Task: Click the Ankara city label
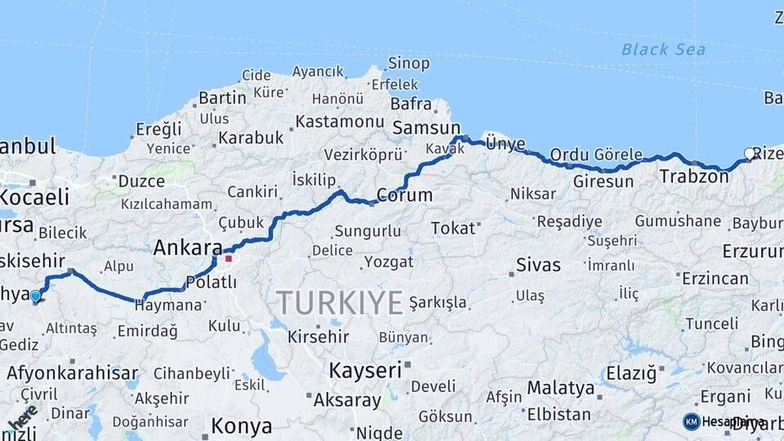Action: click(x=187, y=247)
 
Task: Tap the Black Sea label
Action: click(x=663, y=50)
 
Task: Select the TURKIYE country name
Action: click(x=339, y=302)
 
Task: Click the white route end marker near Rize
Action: click(x=750, y=153)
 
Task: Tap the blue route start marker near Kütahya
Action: click(x=35, y=296)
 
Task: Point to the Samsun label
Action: click(x=426, y=128)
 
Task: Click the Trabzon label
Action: click(x=693, y=176)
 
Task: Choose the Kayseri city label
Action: click(x=365, y=370)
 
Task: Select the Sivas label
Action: click(x=538, y=265)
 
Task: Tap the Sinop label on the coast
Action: click(x=409, y=63)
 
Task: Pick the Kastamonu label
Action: click(x=339, y=122)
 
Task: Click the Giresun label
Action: click(x=603, y=181)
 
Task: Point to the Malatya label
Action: click(x=560, y=387)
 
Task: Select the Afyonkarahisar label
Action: click(x=72, y=373)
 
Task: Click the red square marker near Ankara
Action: click(x=229, y=259)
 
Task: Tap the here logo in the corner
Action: click(x=22, y=418)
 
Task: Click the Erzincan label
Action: click(x=715, y=278)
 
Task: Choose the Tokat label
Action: click(x=453, y=228)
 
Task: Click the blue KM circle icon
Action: click(x=691, y=421)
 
